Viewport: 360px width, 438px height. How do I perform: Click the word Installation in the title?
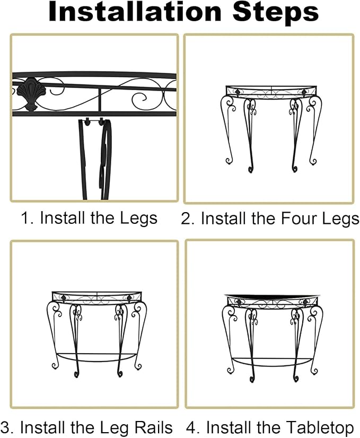(x=135, y=12)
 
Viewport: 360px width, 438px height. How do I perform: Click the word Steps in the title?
(x=276, y=12)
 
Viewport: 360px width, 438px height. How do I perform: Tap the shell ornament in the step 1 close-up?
(x=27, y=93)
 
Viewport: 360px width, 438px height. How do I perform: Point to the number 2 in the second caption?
(x=187, y=218)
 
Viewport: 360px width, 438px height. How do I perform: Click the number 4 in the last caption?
(x=191, y=428)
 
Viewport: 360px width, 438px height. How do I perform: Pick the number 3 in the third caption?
(x=6, y=428)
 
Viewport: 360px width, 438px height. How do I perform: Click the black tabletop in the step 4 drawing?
(x=271, y=296)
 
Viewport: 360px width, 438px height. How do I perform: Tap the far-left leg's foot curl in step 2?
(x=229, y=161)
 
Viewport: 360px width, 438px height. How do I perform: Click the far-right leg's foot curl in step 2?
(x=313, y=161)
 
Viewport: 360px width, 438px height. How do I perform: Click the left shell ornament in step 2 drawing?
(x=238, y=92)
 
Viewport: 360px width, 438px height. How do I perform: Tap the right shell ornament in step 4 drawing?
(x=305, y=302)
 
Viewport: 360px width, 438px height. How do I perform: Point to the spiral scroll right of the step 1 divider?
(x=139, y=98)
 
